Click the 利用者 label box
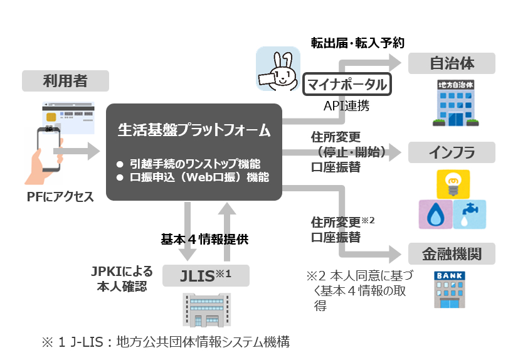pyautogui.click(x=65, y=80)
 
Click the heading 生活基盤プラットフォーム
pyautogui.click(x=194, y=130)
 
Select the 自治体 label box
pyautogui.click(x=452, y=63)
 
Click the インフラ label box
pyautogui.click(x=452, y=152)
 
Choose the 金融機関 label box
pyautogui.click(x=452, y=254)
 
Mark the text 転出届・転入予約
pyautogui.click(x=358, y=43)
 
